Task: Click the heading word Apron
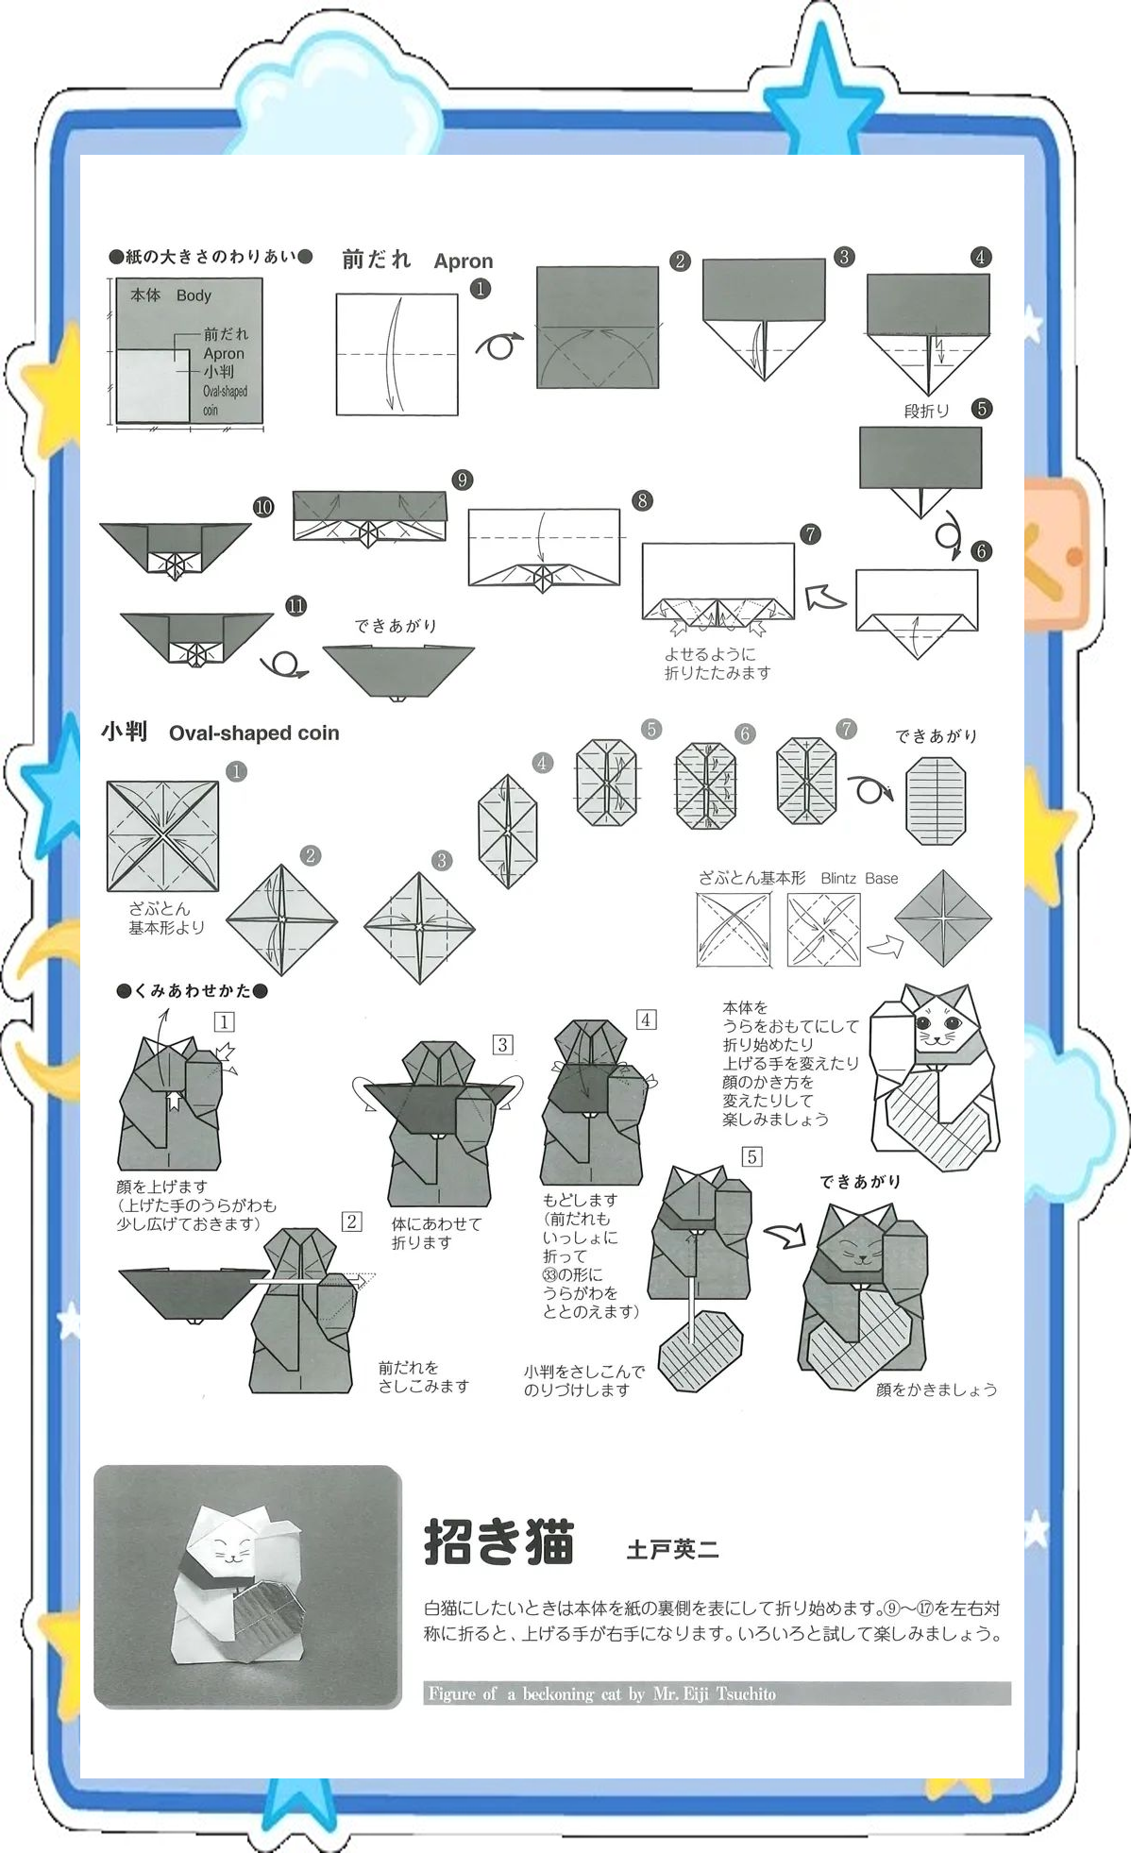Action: tap(464, 261)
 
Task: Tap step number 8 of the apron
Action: tap(642, 500)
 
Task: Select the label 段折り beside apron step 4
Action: tap(926, 411)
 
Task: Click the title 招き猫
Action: tap(498, 1541)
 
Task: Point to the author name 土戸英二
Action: tap(672, 1549)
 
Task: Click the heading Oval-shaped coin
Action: tap(254, 733)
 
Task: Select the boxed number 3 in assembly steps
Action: tap(503, 1044)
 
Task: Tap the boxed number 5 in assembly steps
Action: tap(751, 1156)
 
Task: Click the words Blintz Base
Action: tap(859, 878)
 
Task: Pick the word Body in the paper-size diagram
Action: tap(194, 295)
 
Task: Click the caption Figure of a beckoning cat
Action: tap(602, 1693)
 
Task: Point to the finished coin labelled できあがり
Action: tap(936, 801)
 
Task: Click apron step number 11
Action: tap(296, 606)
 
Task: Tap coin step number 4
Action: tap(542, 763)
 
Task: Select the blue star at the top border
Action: tap(819, 90)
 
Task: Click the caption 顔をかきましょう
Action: tap(937, 1390)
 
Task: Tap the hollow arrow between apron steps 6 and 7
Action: tap(826, 598)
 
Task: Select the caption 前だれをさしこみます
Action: tap(424, 1377)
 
